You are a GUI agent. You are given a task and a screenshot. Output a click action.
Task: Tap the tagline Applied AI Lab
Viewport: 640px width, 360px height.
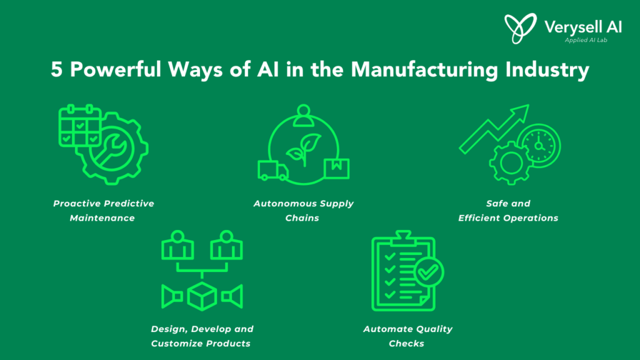tap(586, 40)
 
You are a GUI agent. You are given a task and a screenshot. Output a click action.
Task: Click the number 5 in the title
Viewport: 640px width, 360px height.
tap(56, 69)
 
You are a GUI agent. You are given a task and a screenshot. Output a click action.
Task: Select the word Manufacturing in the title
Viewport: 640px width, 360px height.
tap(424, 70)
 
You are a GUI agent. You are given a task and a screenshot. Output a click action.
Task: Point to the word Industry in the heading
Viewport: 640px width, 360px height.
tap(547, 70)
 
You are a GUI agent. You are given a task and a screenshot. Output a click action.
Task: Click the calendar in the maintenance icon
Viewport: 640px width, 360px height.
tap(80, 125)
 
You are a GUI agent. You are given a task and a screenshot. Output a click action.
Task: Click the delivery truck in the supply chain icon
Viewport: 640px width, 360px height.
tap(273, 170)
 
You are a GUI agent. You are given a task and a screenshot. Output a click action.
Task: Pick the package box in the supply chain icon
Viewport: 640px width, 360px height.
tap(337, 169)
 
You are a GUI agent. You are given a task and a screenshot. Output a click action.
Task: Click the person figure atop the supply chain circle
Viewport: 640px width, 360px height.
tap(303, 115)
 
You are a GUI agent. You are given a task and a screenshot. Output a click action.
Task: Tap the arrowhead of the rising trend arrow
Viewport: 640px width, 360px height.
tap(521, 112)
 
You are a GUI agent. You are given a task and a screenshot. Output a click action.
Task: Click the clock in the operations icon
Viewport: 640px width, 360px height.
tap(539, 146)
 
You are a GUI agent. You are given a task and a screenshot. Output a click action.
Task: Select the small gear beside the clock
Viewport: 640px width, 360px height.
tap(511, 163)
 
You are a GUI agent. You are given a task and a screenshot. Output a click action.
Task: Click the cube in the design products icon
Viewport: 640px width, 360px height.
tap(202, 296)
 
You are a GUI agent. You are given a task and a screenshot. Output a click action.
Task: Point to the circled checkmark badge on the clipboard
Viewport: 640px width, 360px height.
tap(428, 272)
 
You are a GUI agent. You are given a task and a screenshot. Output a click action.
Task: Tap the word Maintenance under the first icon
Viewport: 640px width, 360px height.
tap(102, 218)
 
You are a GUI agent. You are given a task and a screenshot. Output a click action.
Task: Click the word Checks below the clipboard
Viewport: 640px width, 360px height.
tap(406, 343)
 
